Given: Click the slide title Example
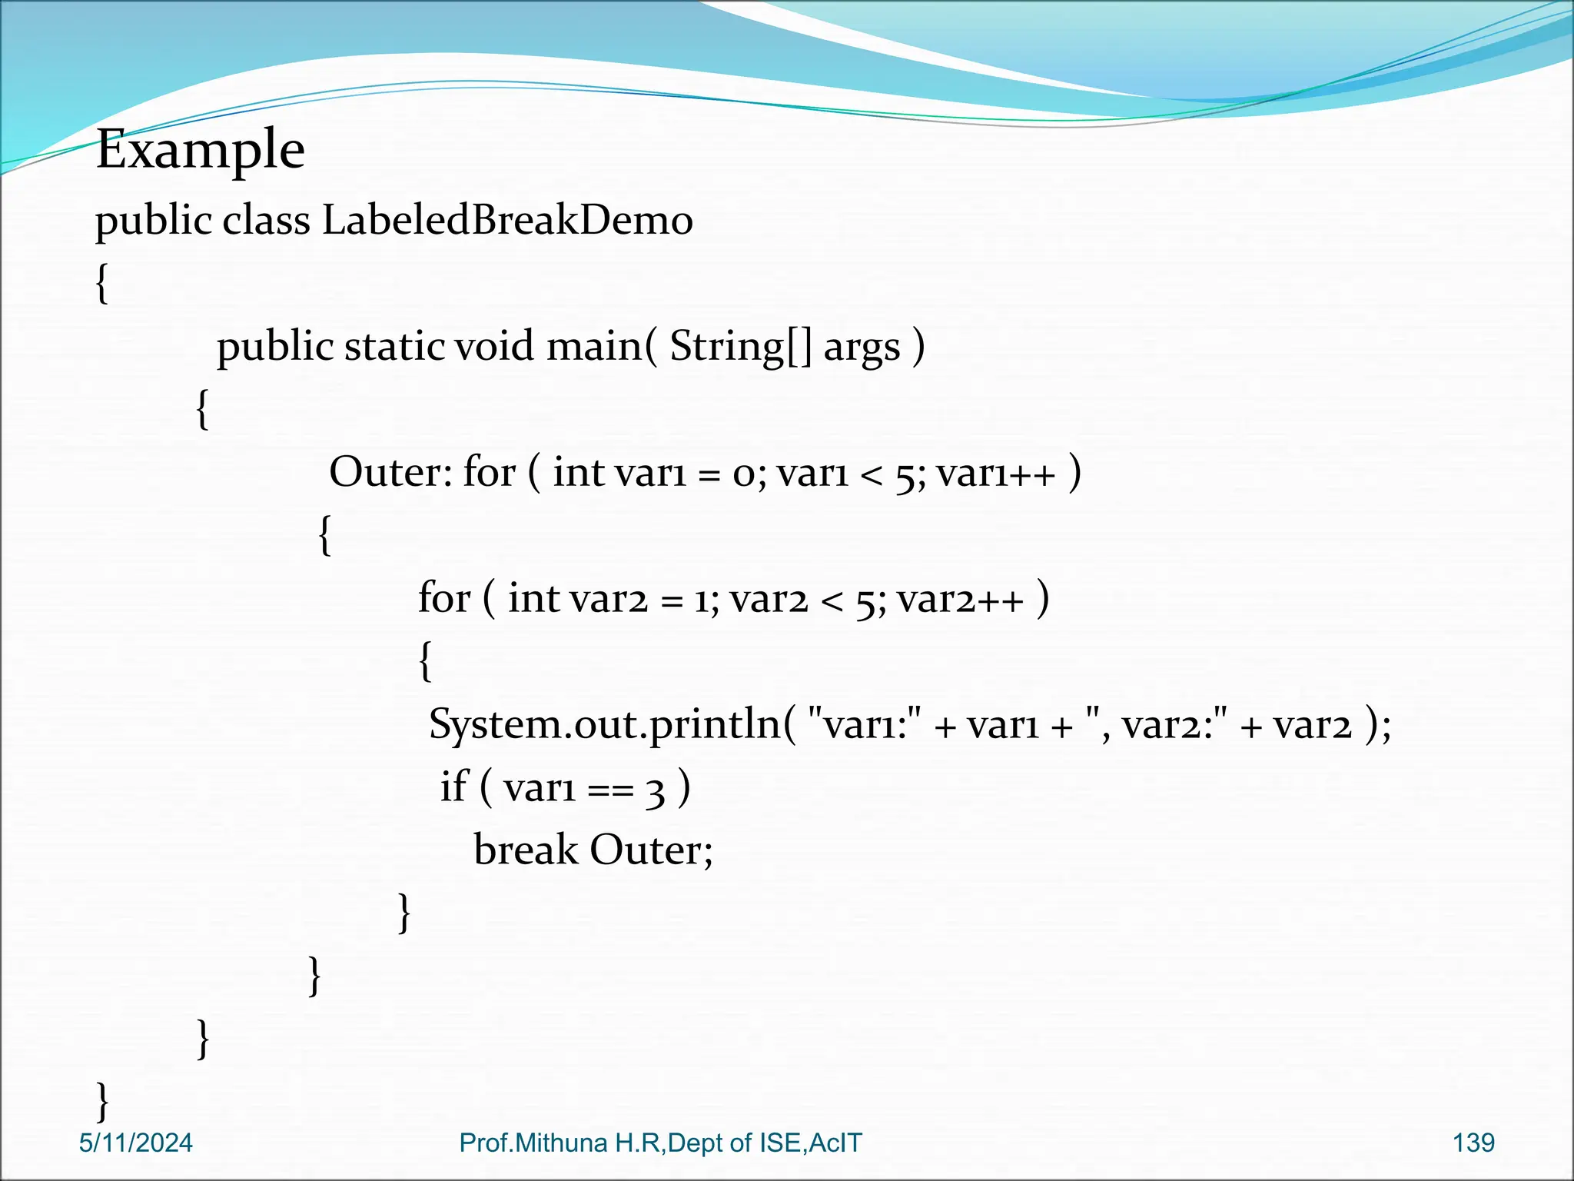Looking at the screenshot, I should [x=201, y=149].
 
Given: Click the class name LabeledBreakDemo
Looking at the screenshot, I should [x=507, y=221].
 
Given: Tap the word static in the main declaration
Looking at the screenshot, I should [x=394, y=347].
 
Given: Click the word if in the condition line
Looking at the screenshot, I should [x=453, y=787].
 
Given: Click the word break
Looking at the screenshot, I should [x=526, y=850].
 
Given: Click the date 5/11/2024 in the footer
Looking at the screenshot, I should [x=135, y=1143].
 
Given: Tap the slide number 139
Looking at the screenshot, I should [x=1473, y=1143].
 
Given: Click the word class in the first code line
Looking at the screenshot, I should [x=266, y=221].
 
